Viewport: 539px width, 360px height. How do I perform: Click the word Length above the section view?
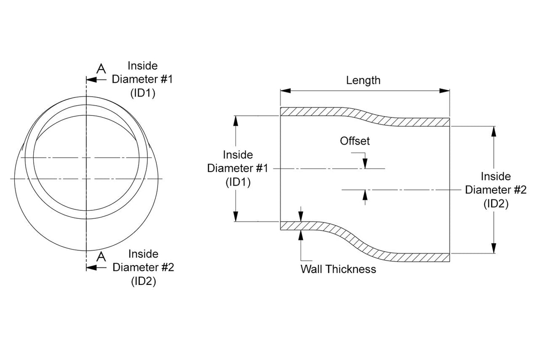pos(363,80)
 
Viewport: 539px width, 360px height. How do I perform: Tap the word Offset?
pos(355,141)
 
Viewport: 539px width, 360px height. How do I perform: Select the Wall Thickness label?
pos(338,269)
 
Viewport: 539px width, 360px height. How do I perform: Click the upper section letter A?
pos(101,69)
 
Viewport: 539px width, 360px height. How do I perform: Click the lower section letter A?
pos(101,257)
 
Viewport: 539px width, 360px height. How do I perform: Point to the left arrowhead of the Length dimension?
pos(286,91)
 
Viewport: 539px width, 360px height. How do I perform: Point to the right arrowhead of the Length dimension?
pos(444,91)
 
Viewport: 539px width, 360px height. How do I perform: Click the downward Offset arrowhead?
pos(365,163)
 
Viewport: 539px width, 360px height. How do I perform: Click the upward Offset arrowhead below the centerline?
pos(365,195)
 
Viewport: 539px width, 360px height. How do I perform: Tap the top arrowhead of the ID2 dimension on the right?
pos(494,132)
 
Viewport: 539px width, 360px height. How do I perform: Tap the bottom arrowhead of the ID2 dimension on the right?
pos(494,248)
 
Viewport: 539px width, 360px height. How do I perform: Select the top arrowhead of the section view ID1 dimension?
pos(236,121)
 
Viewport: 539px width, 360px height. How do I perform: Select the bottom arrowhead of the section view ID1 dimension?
pos(236,216)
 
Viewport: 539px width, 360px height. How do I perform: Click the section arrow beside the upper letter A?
pos(92,80)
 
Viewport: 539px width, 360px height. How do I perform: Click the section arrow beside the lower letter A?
pos(92,267)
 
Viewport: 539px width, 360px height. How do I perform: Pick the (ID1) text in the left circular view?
pos(143,93)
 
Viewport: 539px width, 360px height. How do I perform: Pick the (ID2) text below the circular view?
pos(144,281)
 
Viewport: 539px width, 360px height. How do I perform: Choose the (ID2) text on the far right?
pos(496,204)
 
